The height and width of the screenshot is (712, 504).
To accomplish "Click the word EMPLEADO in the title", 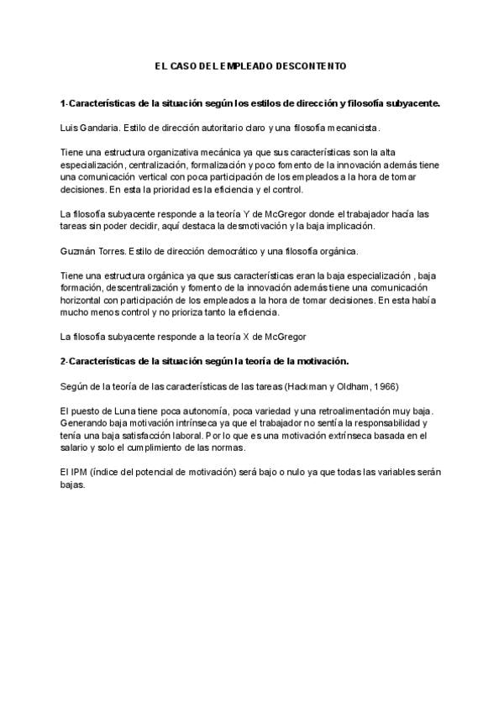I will click(244, 65).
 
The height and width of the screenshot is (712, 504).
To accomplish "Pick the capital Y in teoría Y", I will click(243, 215).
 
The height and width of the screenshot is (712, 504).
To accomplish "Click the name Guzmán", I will click(80, 250).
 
